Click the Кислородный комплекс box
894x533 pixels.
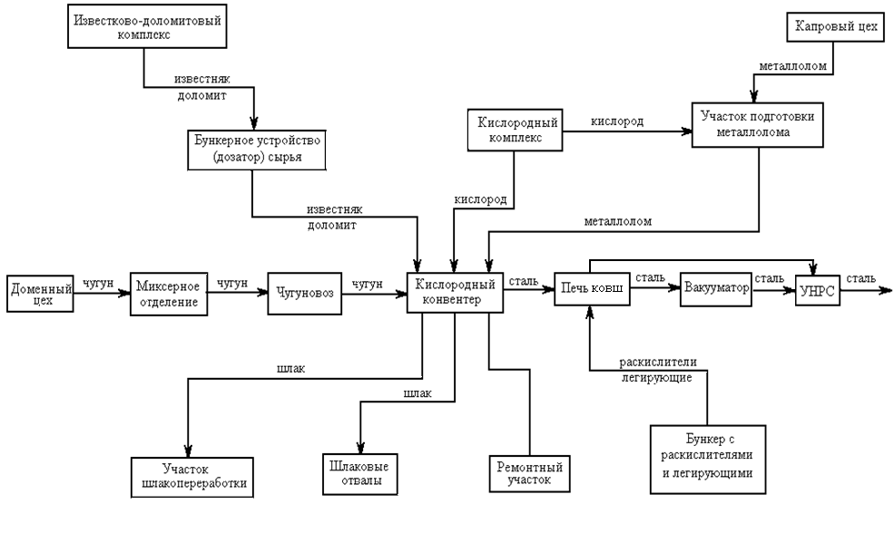514,130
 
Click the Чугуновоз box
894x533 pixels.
303,293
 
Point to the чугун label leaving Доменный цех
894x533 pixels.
97,283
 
